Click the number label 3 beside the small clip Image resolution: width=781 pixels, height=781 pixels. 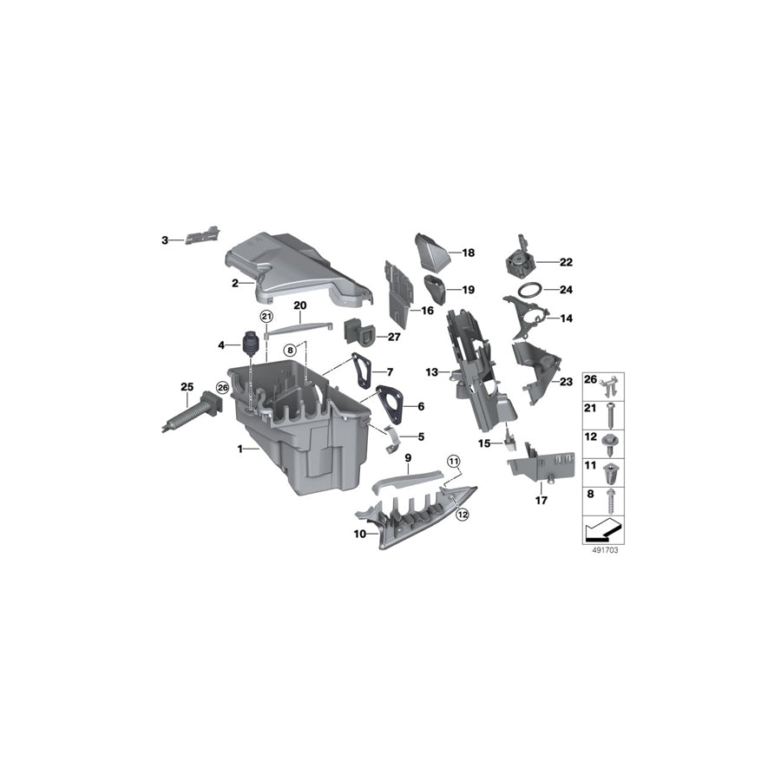click(x=164, y=239)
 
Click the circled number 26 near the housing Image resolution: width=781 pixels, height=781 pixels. click(x=221, y=388)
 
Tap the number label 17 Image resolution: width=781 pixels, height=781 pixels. click(x=542, y=501)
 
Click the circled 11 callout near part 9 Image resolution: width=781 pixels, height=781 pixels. click(x=452, y=460)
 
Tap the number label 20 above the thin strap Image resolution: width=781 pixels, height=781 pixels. click(x=300, y=305)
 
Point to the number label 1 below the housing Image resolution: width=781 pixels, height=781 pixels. click(x=242, y=449)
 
